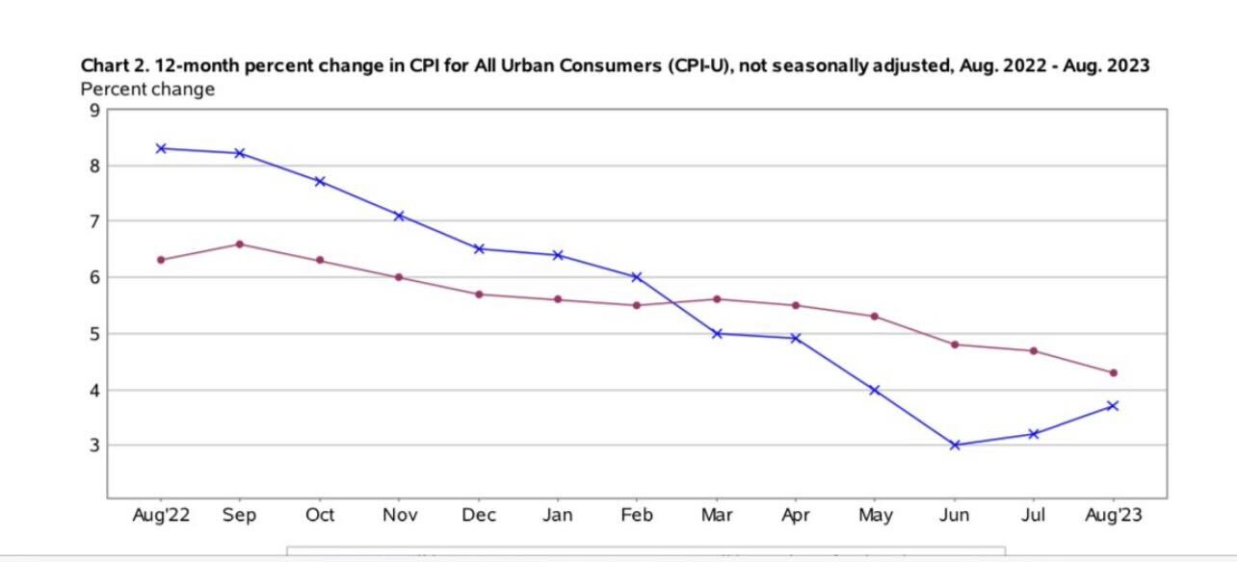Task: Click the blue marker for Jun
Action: [x=955, y=445]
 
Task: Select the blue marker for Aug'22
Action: [x=161, y=148]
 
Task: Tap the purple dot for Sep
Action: [x=240, y=244]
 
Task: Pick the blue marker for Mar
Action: [x=717, y=334]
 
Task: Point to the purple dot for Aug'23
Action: [x=1113, y=372]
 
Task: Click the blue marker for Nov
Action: [x=399, y=216]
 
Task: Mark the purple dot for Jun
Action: [x=955, y=345]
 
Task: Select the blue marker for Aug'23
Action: [x=1113, y=406]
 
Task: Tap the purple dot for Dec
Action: [x=479, y=294]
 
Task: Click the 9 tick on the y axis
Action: [x=94, y=110]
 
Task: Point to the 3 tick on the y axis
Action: [x=94, y=446]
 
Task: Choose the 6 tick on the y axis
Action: [x=94, y=277]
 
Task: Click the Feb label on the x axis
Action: [x=637, y=516]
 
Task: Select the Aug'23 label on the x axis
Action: [x=1113, y=516]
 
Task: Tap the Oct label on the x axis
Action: [x=320, y=516]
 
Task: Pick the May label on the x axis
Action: [x=875, y=516]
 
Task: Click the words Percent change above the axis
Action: [x=147, y=89]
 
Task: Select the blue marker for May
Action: [x=875, y=390]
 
